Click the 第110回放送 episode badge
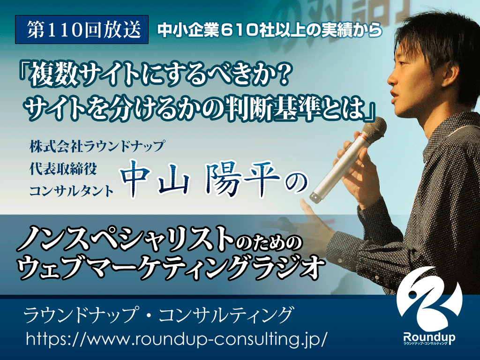click(82, 30)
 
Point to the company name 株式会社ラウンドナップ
click(97, 146)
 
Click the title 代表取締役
click(63, 168)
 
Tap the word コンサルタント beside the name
click(72, 191)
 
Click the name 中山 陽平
click(201, 179)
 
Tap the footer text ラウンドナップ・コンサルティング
click(158, 315)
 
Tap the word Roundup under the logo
click(429, 337)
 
